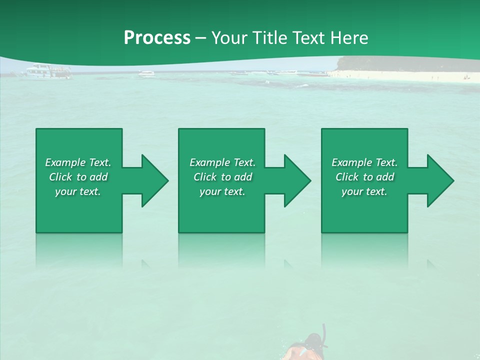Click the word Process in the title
(x=157, y=38)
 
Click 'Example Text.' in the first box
(x=78, y=162)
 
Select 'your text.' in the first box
(x=78, y=191)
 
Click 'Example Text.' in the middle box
(x=222, y=162)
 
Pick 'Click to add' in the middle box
(x=222, y=177)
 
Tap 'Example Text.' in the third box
(x=364, y=162)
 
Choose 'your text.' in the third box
(x=364, y=191)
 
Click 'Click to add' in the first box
(x=78, y=177)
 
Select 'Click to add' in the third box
(x=364, y=177)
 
